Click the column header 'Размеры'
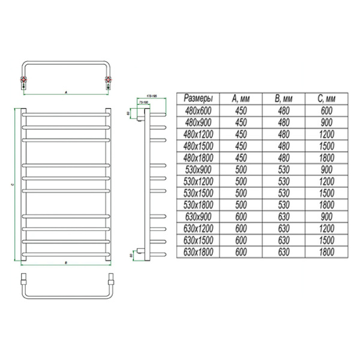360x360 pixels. tap(197, 99)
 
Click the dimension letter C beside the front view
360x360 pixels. tap(13, 185)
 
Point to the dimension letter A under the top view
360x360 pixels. tap(65, 92)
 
